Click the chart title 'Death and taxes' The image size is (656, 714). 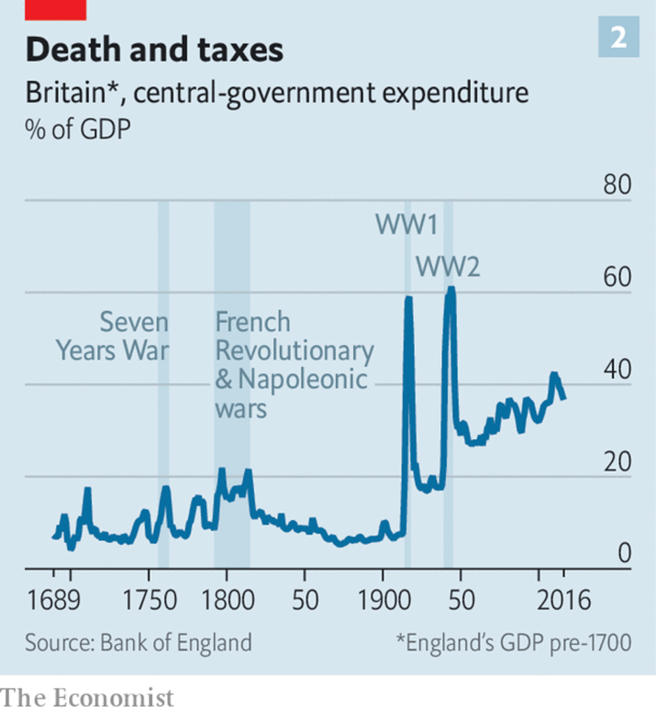[154, 51]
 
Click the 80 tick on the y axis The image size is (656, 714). [616, 186]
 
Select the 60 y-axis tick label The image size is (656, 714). [616, 278]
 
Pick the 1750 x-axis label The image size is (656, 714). [149, 600]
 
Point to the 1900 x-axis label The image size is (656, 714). [382, 600]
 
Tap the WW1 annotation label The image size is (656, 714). [406, 225]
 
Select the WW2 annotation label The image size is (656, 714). [447, 266]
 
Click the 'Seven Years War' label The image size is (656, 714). [113, 336]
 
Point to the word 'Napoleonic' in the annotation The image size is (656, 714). [301, 379]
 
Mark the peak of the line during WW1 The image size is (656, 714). [408, 298]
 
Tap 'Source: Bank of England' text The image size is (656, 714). [138, 642]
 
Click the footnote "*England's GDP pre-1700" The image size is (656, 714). [513, 642]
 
